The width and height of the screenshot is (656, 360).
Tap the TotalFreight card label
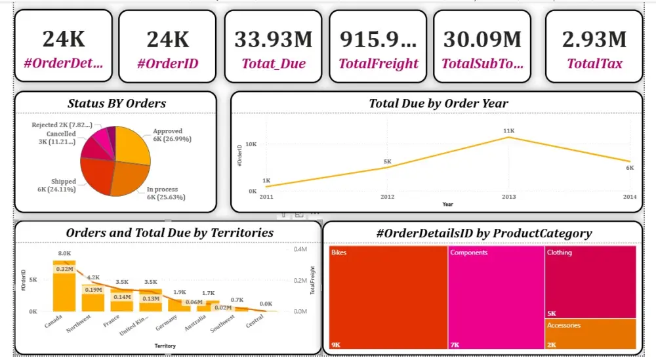pos(379,64)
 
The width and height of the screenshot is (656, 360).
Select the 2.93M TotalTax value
pos(594,40)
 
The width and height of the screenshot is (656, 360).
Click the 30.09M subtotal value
pos(483,40)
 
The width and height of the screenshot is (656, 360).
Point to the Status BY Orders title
pos(117,103)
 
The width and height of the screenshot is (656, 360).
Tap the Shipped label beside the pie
pos(64,182)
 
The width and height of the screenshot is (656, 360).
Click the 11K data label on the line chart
pos(509,131)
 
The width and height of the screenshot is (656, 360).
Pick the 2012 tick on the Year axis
pos(388,197)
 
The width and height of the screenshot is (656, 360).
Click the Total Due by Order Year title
pos(438,103)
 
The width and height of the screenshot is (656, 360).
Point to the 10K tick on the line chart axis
pos(251,144)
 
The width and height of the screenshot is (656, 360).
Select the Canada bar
pos(64,289)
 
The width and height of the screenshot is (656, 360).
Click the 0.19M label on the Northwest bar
pos(93,289)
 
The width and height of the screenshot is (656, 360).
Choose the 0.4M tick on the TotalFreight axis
pos(300,249)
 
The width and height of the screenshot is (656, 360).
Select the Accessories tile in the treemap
pos(590,334)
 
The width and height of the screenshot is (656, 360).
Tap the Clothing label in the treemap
pos(560,252)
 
